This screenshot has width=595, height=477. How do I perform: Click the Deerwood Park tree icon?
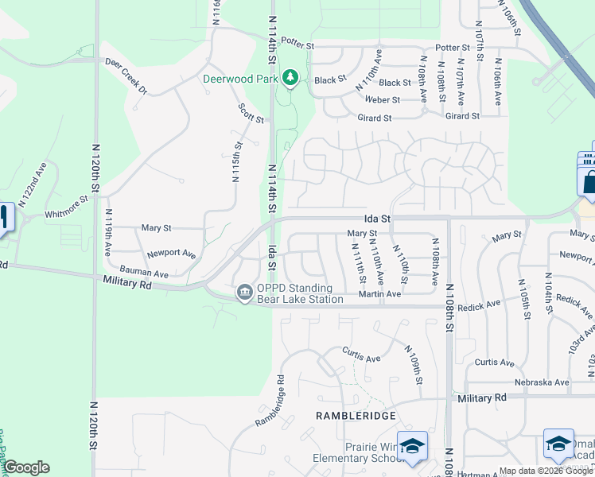pyautogui.click(x=291, y=78)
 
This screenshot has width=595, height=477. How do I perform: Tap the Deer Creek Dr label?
pyautogui.click(x=126, y=76)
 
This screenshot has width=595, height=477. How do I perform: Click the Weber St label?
pyautogui.click(x=382, y=100)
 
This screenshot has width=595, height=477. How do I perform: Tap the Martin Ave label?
pyautogui.click(x=379, y=294)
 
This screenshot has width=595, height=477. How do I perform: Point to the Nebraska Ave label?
pyautogui.click(x=542, y=382)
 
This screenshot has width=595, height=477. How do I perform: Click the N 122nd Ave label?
pyautogui.click(x=33, y=185)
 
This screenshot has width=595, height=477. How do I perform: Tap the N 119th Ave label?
pyautogui.click(x=109, y=233)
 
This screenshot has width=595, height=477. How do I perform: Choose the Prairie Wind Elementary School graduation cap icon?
pyautogui.click(x=412, y=446)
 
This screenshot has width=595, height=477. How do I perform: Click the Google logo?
pyautogui.click(x=26, y=467)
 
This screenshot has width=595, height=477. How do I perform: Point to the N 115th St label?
pyautogui.click(x=236, y=162)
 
